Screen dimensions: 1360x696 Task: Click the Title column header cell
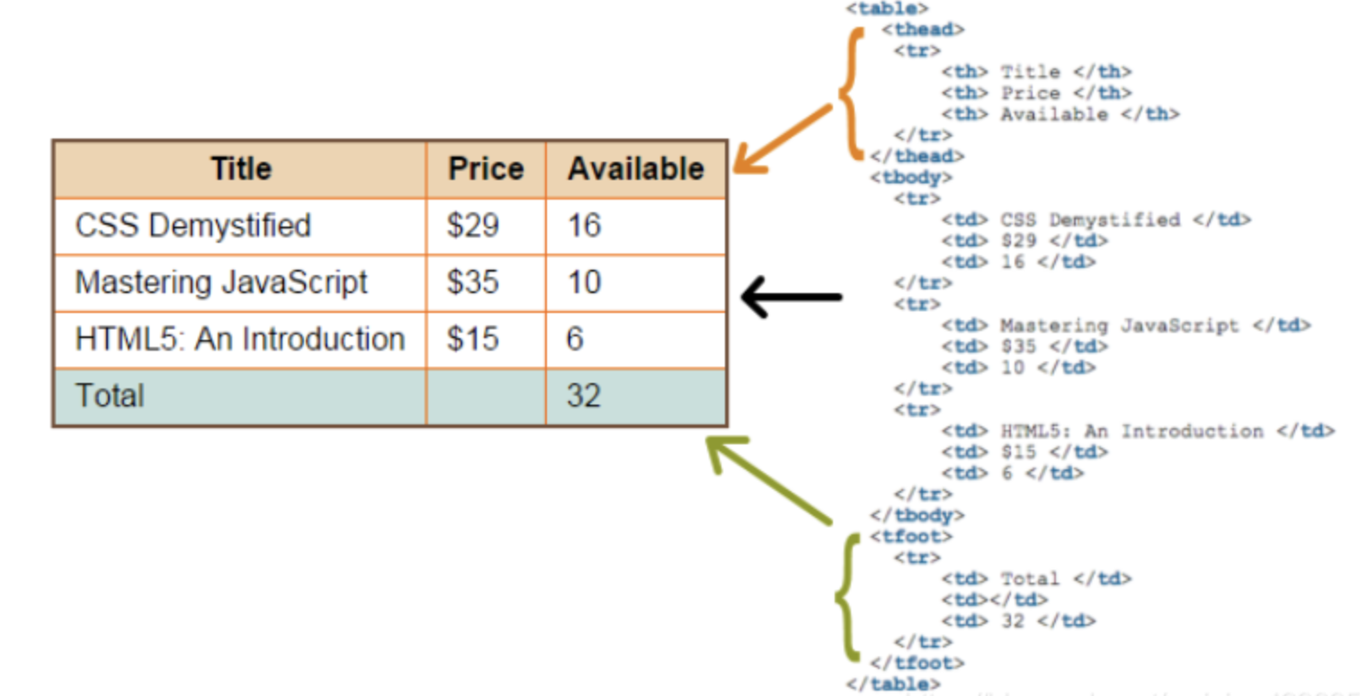tap(241, 169)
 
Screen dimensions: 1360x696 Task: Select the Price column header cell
tap(486, 169)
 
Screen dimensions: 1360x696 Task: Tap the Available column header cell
tap(636, 169)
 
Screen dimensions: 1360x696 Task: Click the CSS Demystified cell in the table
tap(241, 226)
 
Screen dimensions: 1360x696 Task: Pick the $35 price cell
tap(486, 282)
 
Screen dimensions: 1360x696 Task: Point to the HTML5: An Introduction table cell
tap(241, 339)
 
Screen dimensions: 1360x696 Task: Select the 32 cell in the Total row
tap(636, 397)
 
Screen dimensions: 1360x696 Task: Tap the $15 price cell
tap(486, 339)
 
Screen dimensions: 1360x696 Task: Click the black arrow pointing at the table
tap(792, 297)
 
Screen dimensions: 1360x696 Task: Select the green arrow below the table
tap(769, 479)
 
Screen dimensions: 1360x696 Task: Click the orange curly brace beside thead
tap(851, 94)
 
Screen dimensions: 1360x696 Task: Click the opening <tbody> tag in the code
tap(911, 178)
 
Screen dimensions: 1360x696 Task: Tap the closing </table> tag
tap(893, 684)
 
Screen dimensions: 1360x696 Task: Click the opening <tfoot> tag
tap(911, 537)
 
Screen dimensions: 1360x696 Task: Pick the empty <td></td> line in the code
tap(995, 600)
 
